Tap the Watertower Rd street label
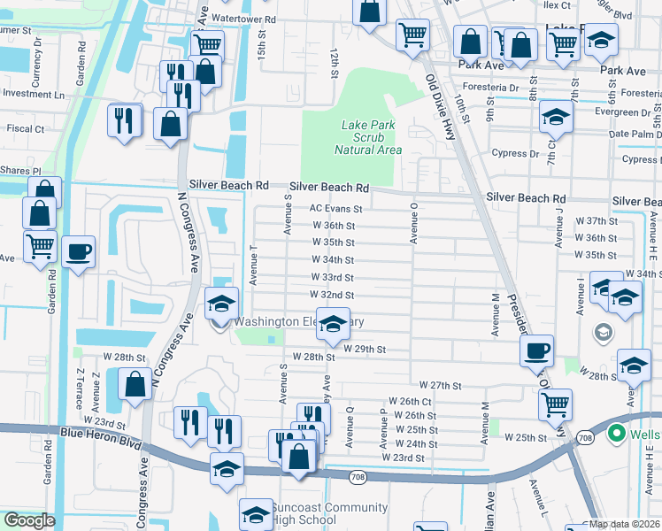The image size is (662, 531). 244,18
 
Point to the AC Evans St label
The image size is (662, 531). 335,209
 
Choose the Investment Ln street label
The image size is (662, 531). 34,94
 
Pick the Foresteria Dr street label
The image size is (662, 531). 489,88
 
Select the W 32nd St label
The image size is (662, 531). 332,295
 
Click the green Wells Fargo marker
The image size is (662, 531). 617,434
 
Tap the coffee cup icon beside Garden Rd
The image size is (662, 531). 78,251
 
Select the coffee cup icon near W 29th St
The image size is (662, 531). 535,350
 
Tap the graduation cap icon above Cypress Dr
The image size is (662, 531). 556,117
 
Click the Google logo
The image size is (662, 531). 29,520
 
